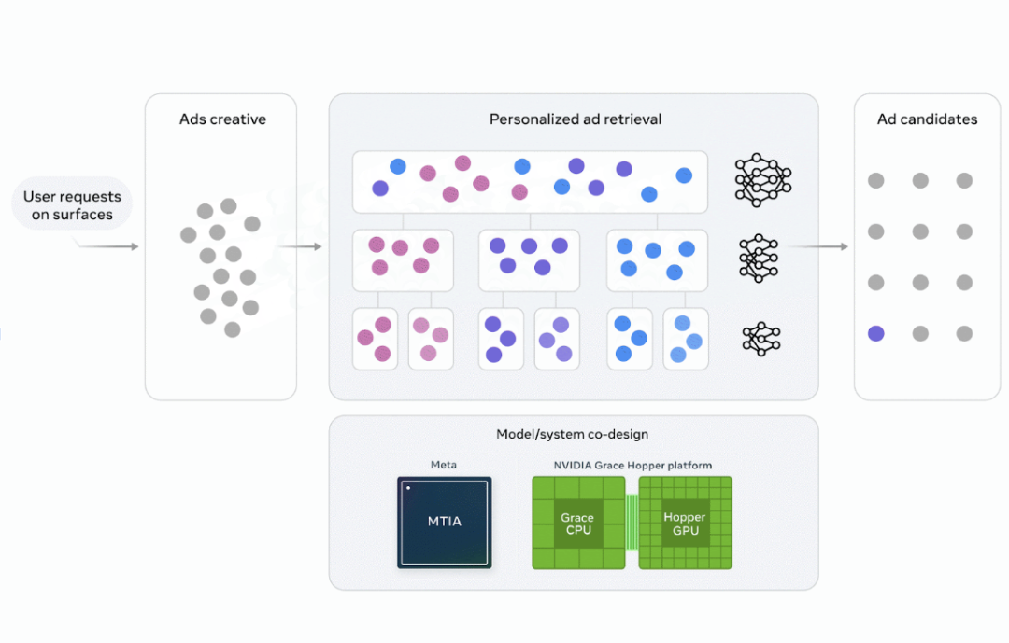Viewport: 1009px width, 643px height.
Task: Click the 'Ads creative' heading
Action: (x=222, y=119)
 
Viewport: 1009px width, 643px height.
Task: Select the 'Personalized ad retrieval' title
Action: (x=576, y=119)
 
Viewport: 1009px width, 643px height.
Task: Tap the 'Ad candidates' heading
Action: (x=928, y=119)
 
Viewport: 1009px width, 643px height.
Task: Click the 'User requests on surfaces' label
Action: (x=72, y=205)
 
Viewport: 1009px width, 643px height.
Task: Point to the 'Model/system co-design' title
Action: (x=572, y=434)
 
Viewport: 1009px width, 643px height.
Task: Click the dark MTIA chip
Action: (x=444, y=522)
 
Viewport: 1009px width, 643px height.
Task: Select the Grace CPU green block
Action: (x=578, y=523)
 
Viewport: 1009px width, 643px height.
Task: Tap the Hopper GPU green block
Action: (x=686, y=523)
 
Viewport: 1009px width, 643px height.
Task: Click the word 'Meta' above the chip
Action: (x=444, y=464)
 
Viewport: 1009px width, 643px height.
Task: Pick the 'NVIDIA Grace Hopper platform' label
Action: (x=632, y=465)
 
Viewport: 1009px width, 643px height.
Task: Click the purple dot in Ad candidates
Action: (x=875, y=333)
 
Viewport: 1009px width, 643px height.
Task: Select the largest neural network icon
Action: (x=763, y=180)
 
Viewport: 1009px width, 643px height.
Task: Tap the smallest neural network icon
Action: (x=761, y=339)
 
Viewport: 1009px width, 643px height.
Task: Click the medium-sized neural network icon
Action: (x=759, y=259)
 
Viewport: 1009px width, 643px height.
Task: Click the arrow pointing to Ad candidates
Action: (x=819, y=246)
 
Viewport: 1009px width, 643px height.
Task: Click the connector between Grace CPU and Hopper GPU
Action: (x=632, y=522)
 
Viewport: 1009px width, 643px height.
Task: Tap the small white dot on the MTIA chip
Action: (x=408, y=488)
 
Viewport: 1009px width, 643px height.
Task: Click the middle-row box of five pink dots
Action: (x=403, y=260)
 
